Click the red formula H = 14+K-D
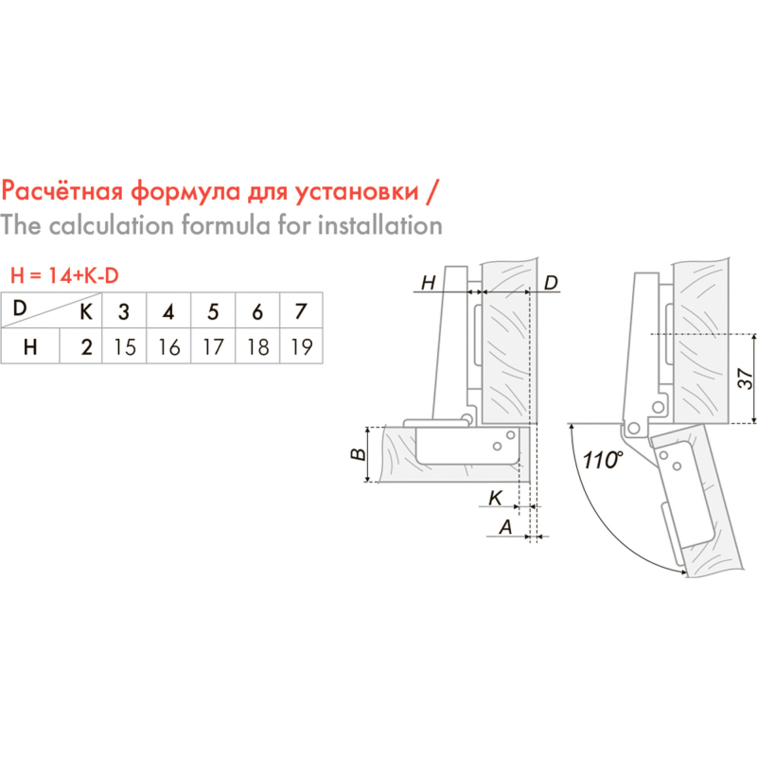click(64, 275)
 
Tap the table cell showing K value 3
click(124, 311)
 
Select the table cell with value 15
click(125, 346)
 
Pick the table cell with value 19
click(302, 346)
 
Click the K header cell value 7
click(301, 311)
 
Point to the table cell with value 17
click(213, 346)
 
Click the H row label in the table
click(30, 346)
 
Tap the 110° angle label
click(603, 460)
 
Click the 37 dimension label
click(746, 378)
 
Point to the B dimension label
click(359, 454)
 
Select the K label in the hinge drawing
click(496, 498)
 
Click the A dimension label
click(505, 527)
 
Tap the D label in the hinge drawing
click(551, 282)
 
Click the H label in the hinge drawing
click(429, 282)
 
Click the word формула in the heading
click(185, 192)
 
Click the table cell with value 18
click(257, 346)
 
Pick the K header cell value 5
click(213, 311)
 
